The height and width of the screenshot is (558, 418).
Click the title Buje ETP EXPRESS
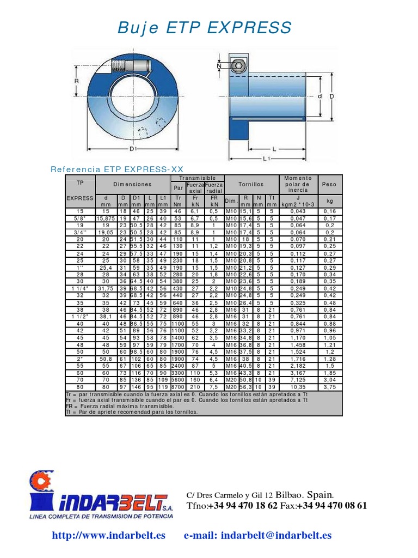(205, 27)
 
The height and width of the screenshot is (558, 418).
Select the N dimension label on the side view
(220, 66)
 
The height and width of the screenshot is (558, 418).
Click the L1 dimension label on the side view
(267, 159)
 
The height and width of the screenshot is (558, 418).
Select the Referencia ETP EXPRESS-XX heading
(117, 169)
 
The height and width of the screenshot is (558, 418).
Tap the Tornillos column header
(251, 185)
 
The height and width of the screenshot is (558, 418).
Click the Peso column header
(329, 185)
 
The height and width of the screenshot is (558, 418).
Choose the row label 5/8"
(80, 218)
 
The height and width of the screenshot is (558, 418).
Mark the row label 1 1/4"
(80, 288)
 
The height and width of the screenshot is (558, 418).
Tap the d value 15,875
(106, 218)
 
